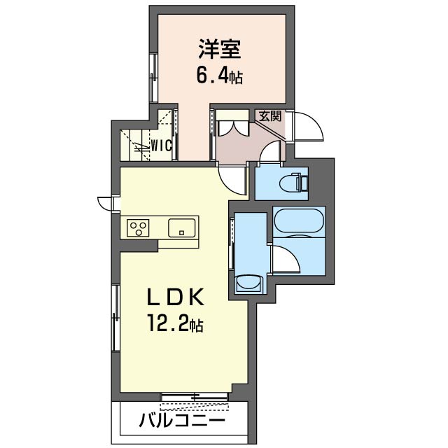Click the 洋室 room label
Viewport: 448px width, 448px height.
[x=220, y=49]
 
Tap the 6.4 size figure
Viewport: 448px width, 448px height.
[x=213, y=76]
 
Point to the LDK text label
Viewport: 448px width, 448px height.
[x=175, y=297]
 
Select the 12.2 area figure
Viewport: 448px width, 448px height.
[x=168, y=323]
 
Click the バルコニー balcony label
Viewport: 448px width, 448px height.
[x=182, y=421]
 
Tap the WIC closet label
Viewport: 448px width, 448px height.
[x=161, y=146]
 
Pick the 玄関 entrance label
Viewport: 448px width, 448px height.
[x=269, y=116]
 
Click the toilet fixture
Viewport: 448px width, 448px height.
[x=294, y=182]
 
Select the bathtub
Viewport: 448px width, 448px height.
[x=299, y=222]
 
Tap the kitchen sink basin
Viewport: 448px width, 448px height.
[x=182, y=228]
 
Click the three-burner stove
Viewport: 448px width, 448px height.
[x=138, y=227]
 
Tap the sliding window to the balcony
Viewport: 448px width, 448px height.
[x=195, y=397]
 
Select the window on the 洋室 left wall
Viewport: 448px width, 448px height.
[x=154, y=78]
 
